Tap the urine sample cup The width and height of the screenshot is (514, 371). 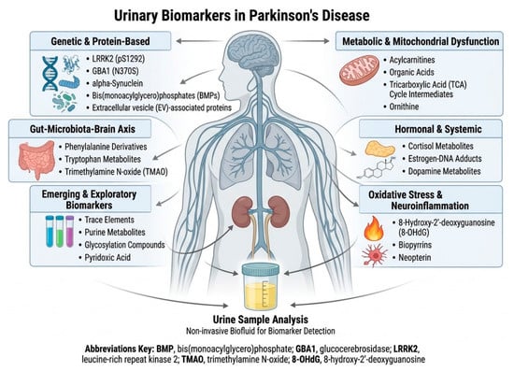click(x=261, y=286)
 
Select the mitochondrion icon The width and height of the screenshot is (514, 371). click(x=359, y=70)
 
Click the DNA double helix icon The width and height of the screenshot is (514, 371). click(x=50, y=74)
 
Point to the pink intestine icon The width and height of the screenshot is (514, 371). click(x=36, y=159)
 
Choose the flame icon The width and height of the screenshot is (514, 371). click(x=374, y=228)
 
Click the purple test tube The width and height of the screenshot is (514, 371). click(x=69, y=232)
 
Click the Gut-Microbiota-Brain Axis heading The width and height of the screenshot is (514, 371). click(x=82, y=129)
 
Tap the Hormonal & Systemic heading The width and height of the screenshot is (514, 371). click(x=438, y=129)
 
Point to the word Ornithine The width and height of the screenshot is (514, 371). click(x=404, y=107)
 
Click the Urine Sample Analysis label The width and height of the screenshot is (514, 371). click(x=261, y=320)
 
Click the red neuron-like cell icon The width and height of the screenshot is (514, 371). click(x=375, y=255)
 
